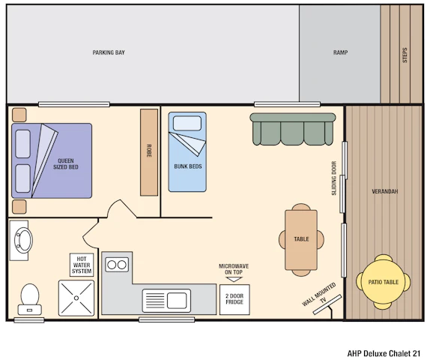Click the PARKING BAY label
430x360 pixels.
[x=109, y=52]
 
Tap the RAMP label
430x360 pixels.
[x=340, y=52]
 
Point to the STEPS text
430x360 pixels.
[x=405, y=55]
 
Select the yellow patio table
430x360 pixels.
[x=384, y=282]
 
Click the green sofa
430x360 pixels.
[x=293, y=129]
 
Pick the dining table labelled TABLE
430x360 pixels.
[x=301, y=240]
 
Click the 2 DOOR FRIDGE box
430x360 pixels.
[x=234, y=299]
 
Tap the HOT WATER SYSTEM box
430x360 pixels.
[x=82, y=265]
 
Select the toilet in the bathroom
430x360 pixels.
[x=30, y=299]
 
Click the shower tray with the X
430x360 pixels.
[x=76, y=298]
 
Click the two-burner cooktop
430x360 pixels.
[x=117, y=265]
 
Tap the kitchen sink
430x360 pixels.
[x=166, y=301]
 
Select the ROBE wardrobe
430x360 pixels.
[x=149, y=152]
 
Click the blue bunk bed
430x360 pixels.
[x=187, y=151]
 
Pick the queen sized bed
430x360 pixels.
[x=52, y=160]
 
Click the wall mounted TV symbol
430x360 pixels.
[x=327, y=304]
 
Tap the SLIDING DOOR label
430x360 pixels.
[x=334, y=178]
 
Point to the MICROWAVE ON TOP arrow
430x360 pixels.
[x=234, y=279]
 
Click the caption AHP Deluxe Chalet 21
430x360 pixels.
[x=384, y=353]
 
